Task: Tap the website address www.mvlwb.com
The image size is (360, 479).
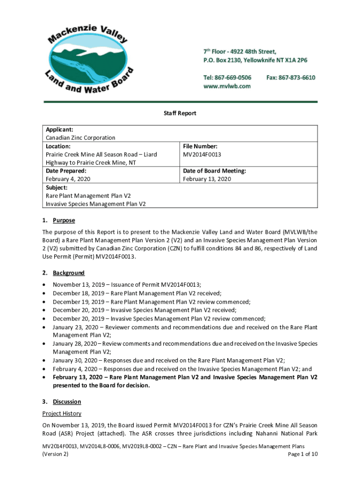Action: pyautogui.click(x=227, y=86)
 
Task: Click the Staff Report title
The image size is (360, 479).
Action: pyautogui.click(x=180, y=113)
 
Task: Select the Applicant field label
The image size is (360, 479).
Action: pyautogui.click(x=59, y=130)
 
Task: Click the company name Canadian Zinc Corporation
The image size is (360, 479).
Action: pyautogui.click(x=80, y=138)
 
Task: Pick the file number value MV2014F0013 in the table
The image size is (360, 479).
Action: pyautogui.click(x=202, y=154)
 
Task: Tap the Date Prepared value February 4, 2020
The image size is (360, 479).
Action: pyautogui.click(x=68, y=179)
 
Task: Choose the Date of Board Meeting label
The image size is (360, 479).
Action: pyautogui.click(x=214, y=171)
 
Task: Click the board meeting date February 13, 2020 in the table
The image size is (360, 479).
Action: pyautogui.click(x=207, y=179)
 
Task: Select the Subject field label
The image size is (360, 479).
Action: pyautogui.click(x=57, y=188)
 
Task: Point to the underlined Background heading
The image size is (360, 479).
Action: pyautogui.click(x=69, y=273)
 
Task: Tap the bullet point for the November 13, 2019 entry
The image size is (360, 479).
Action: pyautogui.click(x=44, y=285)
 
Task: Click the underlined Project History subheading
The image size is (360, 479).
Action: pyautogui.click(x=62, y=414)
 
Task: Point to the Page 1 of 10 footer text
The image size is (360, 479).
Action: pyautogui.click(x=303, y=454)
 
